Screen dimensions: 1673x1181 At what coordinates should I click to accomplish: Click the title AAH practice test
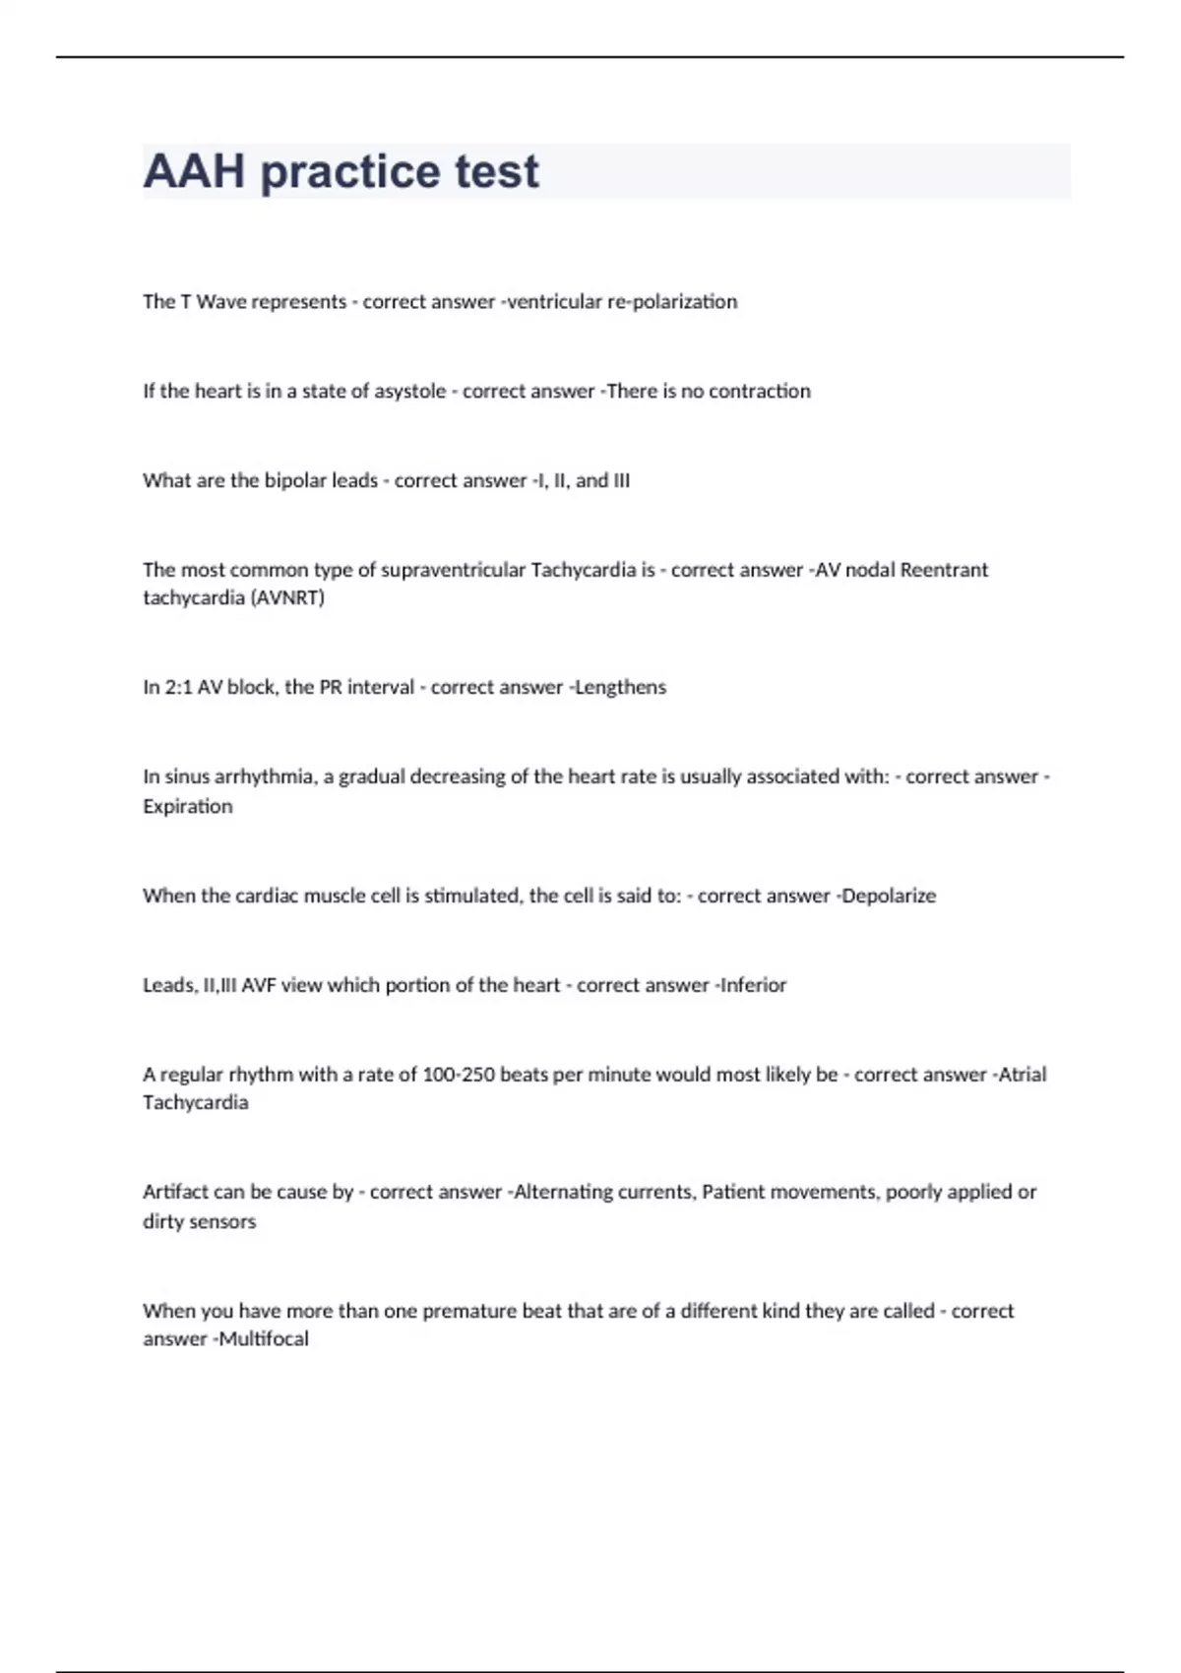tap(341, 171)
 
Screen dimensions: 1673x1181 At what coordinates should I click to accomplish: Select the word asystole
tap(410, 392)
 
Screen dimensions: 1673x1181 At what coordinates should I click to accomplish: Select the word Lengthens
tap(620, 688)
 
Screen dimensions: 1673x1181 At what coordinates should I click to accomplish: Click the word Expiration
tap(188, 807)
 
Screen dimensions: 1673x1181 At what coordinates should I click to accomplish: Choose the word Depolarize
tap(889, 897)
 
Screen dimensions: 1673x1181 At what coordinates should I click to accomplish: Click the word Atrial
tap(1023, 1075)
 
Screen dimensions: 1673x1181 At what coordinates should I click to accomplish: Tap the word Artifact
tap(175, 1192)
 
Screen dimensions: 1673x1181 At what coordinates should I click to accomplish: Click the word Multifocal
tap(263, 1339)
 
